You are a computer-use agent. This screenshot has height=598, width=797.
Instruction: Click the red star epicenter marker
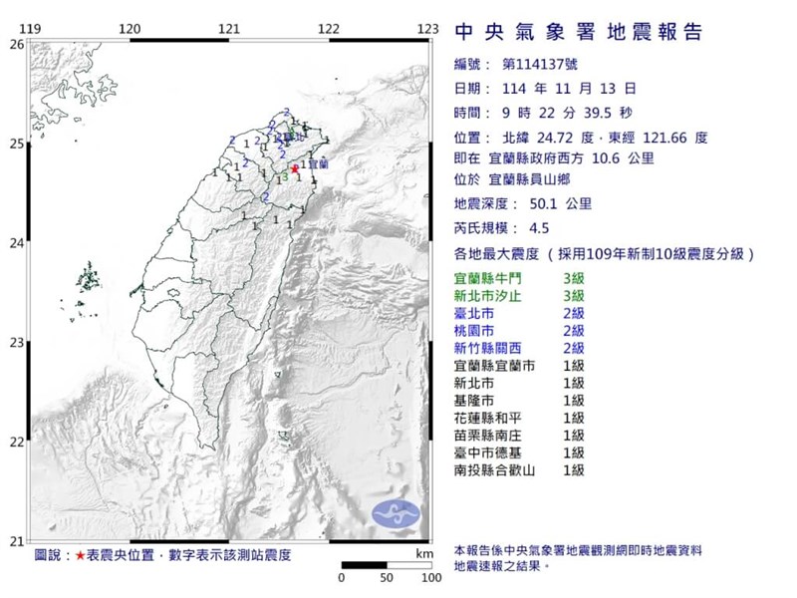[294, 169]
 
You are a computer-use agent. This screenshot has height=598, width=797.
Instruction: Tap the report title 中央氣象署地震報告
[578, 32]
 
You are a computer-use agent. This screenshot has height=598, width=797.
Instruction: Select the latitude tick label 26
[15, 44]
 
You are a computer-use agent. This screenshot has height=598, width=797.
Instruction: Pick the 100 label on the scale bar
[429, 578]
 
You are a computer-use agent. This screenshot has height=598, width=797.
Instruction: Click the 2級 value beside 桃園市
[573, 331]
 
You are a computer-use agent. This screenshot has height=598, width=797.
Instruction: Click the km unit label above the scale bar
[423, 553]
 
